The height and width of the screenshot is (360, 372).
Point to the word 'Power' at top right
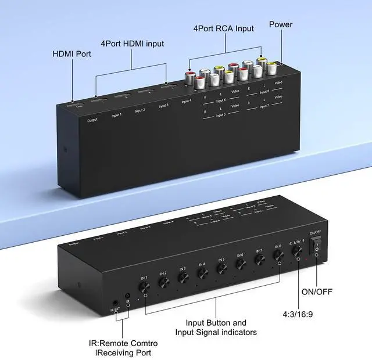click(281, 25)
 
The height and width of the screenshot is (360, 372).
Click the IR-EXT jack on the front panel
click(115, 303)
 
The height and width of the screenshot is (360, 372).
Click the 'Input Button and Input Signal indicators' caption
click(216, 327)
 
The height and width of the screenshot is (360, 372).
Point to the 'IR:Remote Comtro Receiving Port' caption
click(133, 347)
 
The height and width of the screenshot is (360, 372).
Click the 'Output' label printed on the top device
click(92, 120)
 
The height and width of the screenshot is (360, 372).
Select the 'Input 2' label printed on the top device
click(140, 110)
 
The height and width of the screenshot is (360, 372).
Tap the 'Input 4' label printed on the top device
click(186, 102)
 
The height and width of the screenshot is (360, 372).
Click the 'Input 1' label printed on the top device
click(117, 114)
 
